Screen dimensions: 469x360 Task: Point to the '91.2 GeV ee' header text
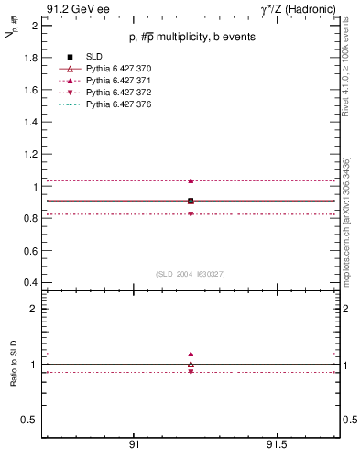coord(72,8)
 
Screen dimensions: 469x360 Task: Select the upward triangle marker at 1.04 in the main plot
coord(191,180)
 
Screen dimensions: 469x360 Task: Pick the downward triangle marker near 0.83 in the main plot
coord(191,213)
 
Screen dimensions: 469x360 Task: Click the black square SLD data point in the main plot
coord(191,201)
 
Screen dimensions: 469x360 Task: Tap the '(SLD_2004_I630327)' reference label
coord(191,274)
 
